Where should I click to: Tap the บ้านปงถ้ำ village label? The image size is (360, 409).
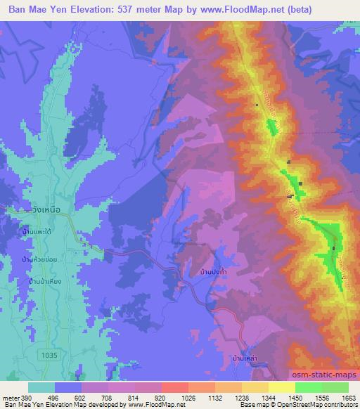point(213,271)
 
